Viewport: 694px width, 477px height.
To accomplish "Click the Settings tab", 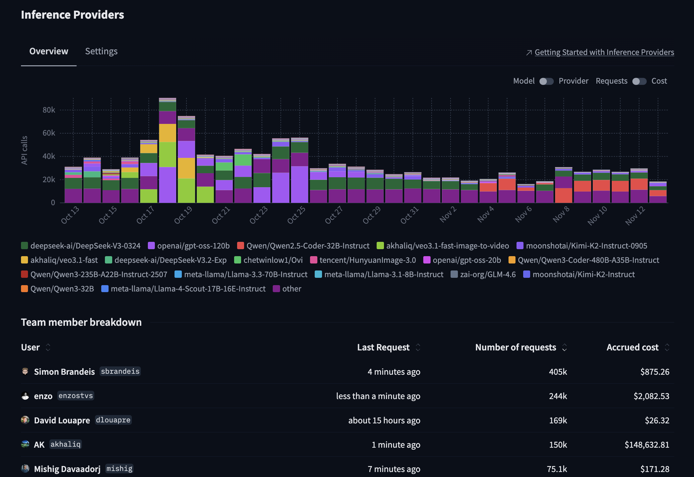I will [x=101, y=51].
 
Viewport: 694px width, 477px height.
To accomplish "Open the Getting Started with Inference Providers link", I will [x=604, y=52].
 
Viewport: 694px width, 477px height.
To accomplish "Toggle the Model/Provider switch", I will [x=546, y=81].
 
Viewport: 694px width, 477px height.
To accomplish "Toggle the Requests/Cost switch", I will [x=639, y=81].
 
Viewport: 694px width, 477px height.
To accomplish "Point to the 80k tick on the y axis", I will [x=49, y=110].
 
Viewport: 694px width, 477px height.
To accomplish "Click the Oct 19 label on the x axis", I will [x=183, y=215].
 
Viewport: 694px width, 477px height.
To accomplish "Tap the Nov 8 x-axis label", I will [x=561, y=215].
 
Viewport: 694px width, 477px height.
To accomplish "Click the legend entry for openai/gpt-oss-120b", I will [x=193, y=246].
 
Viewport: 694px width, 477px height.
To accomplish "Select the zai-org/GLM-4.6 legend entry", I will [x=488, y=274].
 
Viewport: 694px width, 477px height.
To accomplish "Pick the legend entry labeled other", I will [x=291, y=289].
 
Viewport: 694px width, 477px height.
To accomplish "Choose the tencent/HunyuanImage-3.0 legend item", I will [x=367, y=260].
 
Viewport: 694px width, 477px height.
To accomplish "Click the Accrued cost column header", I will [x=632, y=347].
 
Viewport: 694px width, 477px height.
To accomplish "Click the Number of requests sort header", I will [x=516, y=347].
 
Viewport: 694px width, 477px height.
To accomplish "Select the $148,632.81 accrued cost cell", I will [x=647, y=445].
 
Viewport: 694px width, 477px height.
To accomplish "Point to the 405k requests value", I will [x=558, y=372].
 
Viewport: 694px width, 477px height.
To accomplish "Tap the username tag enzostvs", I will [x=76, y=396].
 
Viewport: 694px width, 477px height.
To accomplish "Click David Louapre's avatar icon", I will [x=25, y=420].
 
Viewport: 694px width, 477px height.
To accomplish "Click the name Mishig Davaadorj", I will [x=67, y=469].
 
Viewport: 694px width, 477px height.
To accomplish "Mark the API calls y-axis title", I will [x=24, y=150].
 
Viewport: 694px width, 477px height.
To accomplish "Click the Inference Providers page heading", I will [x=73, y=15].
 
